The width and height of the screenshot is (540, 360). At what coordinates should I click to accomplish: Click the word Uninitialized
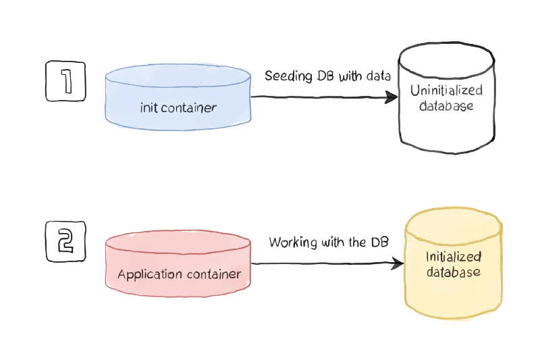pos(446,91)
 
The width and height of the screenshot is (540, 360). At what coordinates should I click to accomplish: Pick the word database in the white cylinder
pos(446,106)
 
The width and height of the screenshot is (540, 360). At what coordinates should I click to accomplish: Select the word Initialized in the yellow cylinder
pos(453,257)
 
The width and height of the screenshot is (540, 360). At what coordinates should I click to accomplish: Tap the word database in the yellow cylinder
pos(453,272)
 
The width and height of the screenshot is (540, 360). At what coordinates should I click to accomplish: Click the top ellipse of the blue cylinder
pos(178,74)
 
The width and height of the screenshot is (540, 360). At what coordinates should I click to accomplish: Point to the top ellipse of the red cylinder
pos(178,242)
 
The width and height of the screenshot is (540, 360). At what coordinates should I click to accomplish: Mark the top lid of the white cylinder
pos(446,57)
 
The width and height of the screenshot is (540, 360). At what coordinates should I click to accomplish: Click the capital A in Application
pos(122,275)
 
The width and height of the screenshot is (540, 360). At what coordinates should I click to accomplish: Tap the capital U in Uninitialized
pos(414,91)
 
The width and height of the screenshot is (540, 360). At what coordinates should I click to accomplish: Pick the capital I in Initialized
pos(428,257)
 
